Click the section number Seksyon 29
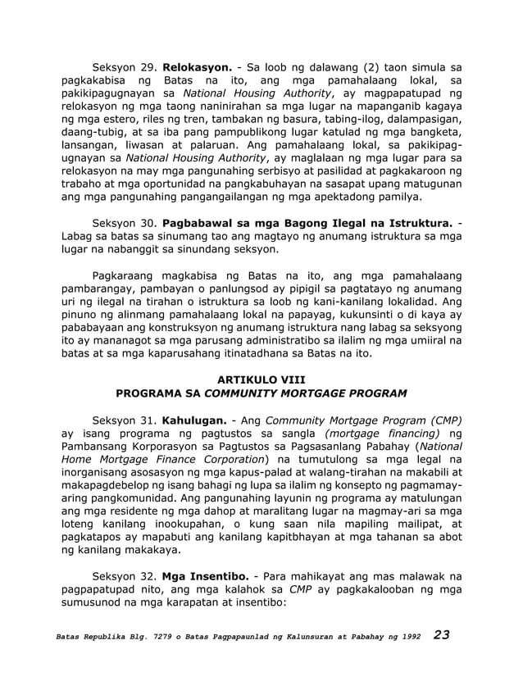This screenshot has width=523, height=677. (124, 63)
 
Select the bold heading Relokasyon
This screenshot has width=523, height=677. (196, 63)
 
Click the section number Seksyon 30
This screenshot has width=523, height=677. (124, 224)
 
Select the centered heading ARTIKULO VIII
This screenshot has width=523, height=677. (261, 381)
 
